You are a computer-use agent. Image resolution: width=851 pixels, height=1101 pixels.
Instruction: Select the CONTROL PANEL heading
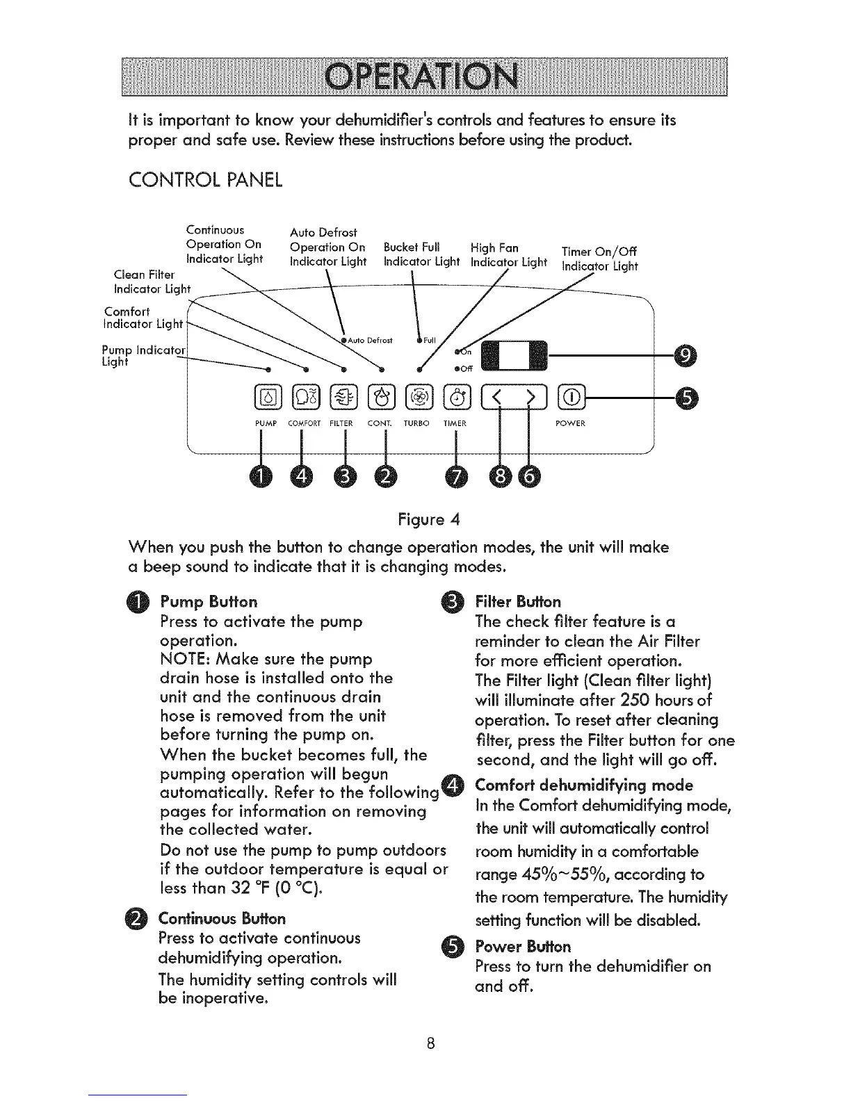point(206,180)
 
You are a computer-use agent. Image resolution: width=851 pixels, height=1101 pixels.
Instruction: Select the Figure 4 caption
point(429,519)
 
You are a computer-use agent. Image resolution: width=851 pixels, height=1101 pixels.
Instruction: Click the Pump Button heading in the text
point(209,601)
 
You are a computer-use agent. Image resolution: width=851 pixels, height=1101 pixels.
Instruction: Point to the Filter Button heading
point(518,601)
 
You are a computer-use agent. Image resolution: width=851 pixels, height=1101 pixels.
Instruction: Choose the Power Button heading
point(523,947)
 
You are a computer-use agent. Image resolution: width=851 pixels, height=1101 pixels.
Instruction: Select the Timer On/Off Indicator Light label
point(599,259)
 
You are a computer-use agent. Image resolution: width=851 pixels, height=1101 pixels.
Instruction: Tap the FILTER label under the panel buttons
point(342,423)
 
